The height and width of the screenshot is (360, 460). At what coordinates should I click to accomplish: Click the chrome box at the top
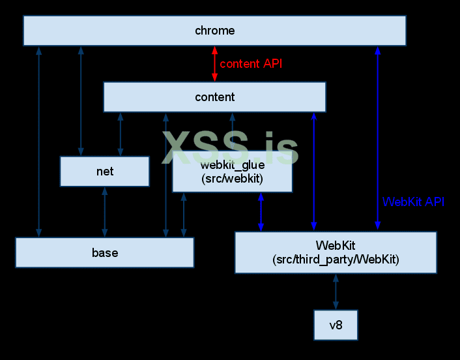coord(214,31)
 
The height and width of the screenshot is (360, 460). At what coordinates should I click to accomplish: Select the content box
coord(214,97)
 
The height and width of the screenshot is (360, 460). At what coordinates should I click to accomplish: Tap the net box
coord(104,172)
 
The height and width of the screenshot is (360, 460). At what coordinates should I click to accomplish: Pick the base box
coord(104,252)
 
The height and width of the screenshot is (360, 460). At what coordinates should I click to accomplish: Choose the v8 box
coord(336,325)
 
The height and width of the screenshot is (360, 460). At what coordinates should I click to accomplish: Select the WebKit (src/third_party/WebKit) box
coord(335,252)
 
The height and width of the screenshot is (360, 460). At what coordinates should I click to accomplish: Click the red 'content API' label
coord(251,64)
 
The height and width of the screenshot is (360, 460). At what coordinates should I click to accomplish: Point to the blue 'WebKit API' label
coord(413,202)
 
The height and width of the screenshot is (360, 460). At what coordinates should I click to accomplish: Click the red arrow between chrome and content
coord(214,64)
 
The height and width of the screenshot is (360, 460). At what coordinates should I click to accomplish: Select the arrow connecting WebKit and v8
coord(336,292)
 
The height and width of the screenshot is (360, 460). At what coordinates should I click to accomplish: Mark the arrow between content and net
coord(120,134)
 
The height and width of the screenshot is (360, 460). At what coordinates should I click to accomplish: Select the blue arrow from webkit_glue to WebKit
coord(261,212)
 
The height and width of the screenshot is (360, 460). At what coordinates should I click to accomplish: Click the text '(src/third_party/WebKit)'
coord(335,260)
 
